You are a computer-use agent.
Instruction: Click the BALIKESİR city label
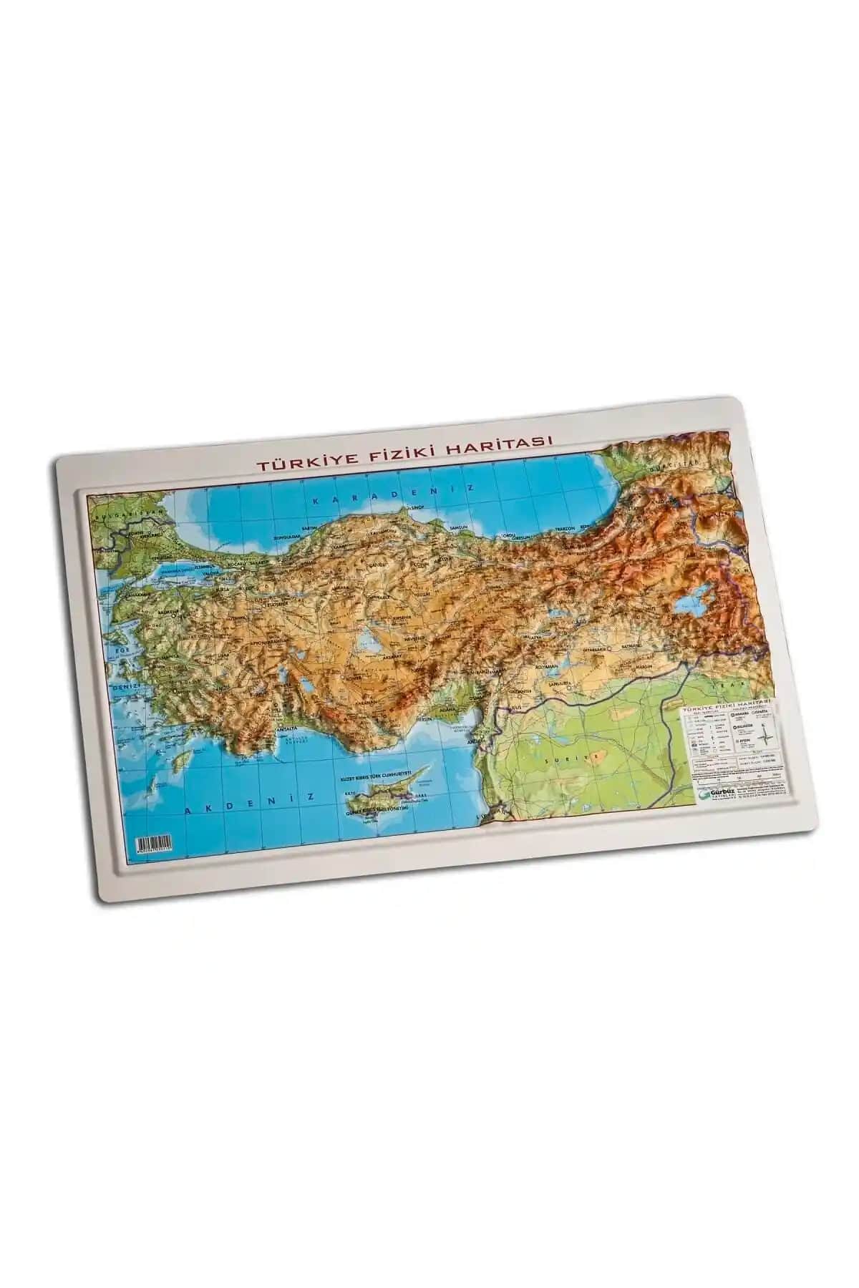tap(167, 612)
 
